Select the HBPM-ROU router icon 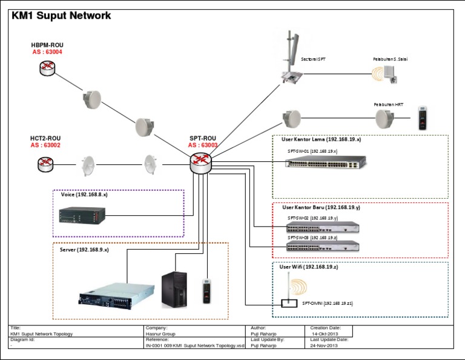pyautogui.click(x=47, y=68)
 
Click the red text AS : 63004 pyautogui.click(x=47, y=53)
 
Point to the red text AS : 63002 pyautogui.click(x=45, y=145)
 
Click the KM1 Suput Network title pyautogui.click(x=61, y=16)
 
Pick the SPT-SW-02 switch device pyautogui.click(x=323, y=227)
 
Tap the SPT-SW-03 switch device pyautogui.click(x=323, y=246)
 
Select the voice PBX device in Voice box pyautogui.click(x=82, y=215)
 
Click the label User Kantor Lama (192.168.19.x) pyautogui.click(x=321, y=139)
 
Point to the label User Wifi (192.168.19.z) pyautogui.click(x=308, y=267)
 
